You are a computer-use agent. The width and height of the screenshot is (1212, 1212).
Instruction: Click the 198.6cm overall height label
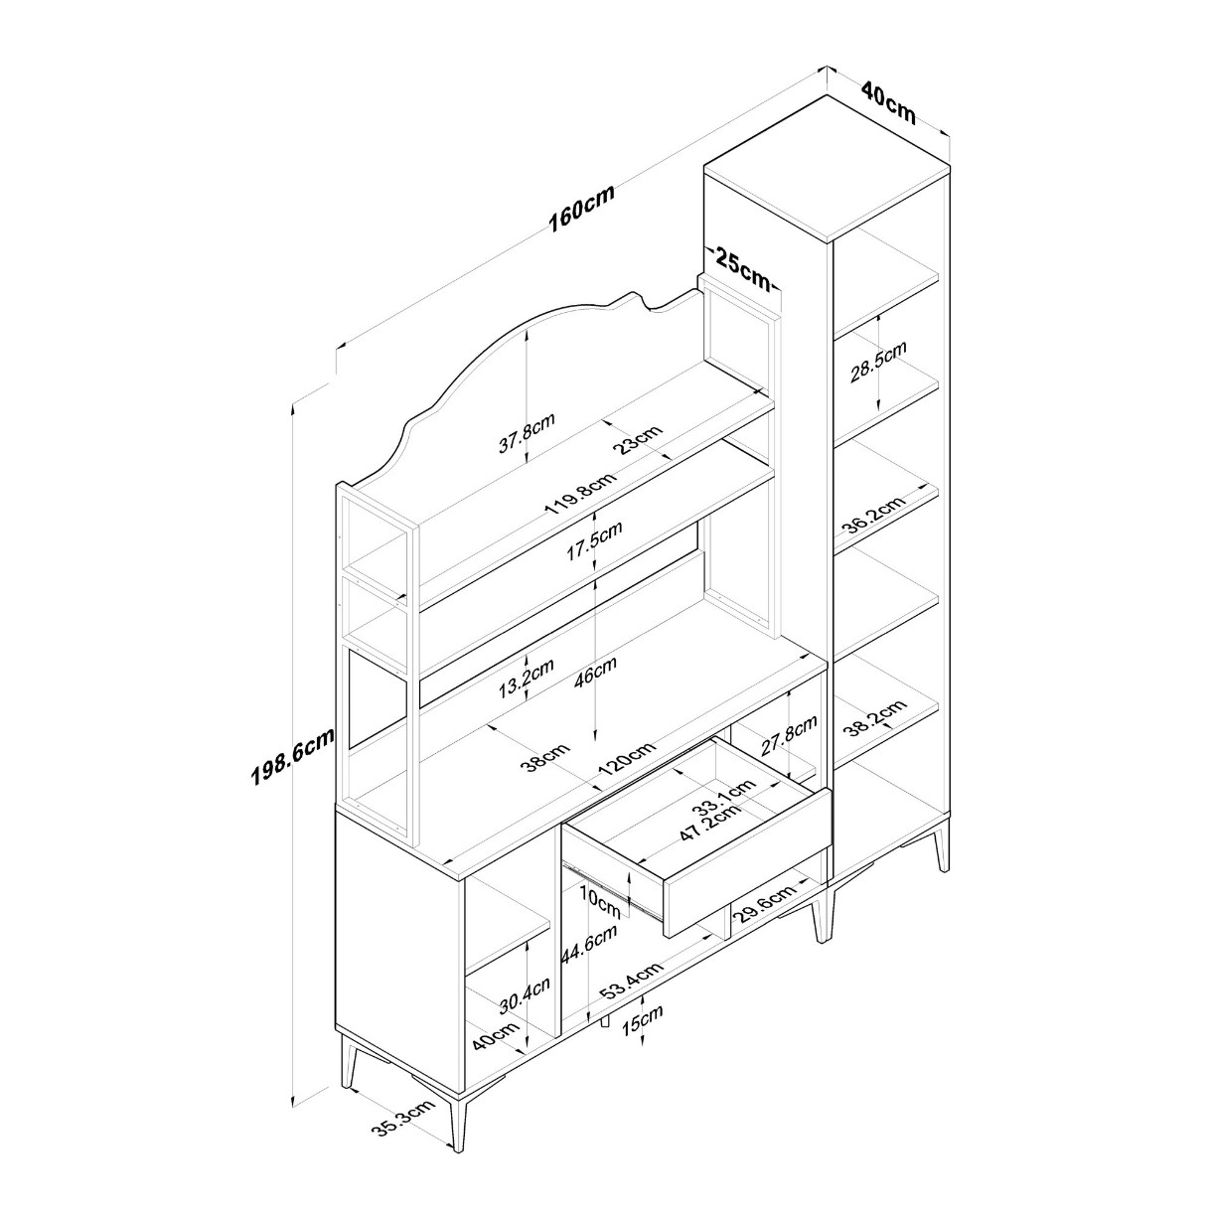(x=292, y=755)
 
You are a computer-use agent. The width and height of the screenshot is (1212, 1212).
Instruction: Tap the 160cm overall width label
(x=581, y=209)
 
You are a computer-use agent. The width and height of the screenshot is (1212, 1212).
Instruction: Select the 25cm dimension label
(x=742, y=268)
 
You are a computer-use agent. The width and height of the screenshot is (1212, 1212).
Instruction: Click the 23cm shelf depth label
(x=638, y=439)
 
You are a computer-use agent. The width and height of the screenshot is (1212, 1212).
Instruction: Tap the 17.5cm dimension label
(x=594, y=540)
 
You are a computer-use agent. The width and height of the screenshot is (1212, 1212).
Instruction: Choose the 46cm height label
(x=594, y=672)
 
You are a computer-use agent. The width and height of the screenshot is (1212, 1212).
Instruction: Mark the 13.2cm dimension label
(x=526, y=679)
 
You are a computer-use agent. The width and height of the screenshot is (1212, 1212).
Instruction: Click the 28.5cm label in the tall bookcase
(x=878, y=363)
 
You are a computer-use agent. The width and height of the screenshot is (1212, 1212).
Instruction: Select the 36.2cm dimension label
(x=874, y=515)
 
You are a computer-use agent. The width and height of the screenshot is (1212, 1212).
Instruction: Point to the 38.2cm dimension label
(x=875, y=717)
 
